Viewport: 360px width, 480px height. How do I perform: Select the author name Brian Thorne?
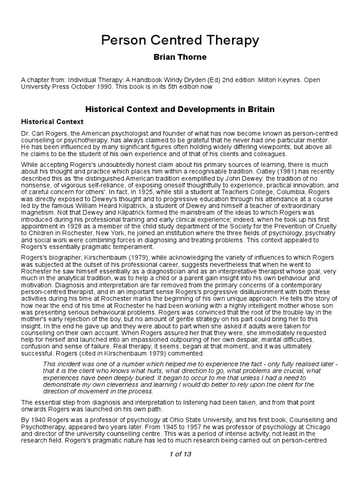pos(180,57)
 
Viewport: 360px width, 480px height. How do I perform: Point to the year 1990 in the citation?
pos(100,87)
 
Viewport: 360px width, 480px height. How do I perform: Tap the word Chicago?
pos(318,428)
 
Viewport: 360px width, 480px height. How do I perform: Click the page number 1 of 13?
pos(180,454)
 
